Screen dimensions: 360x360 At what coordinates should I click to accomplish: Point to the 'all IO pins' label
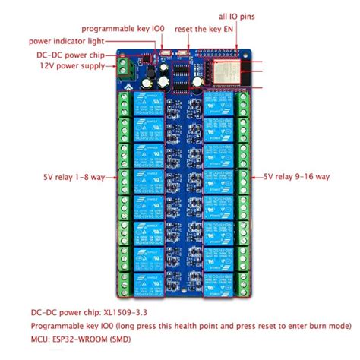coord(232,14)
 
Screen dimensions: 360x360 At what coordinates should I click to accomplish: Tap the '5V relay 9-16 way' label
coord(297,176)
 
